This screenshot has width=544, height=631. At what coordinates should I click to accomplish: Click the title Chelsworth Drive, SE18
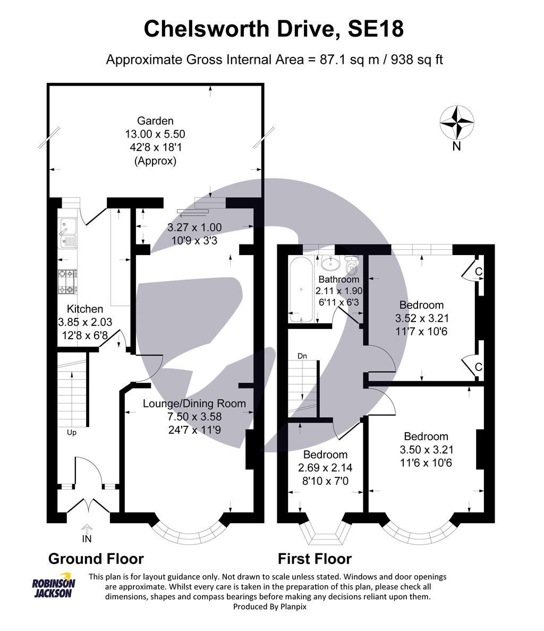pos(274,29)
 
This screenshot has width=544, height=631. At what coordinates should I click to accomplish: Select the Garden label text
pos(155,121)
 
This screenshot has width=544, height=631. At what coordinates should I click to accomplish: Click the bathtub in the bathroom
pos(301,290)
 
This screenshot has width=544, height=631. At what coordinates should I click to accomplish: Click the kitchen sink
pos(69,233)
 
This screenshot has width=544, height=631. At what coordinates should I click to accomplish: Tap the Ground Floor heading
pos(96,559)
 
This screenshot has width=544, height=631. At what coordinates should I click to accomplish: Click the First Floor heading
pos(314,559)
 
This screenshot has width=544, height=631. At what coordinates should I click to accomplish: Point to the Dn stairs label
pos(302,356)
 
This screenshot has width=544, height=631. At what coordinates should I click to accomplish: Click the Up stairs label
pos(71,432)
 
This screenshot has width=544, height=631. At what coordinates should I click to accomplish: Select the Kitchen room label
pos(85,309)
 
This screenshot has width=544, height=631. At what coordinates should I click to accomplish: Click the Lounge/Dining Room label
pos(194,403)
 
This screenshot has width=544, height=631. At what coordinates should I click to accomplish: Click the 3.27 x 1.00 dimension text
pos(194,227)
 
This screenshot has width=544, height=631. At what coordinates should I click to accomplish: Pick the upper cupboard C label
pos(478,272)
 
